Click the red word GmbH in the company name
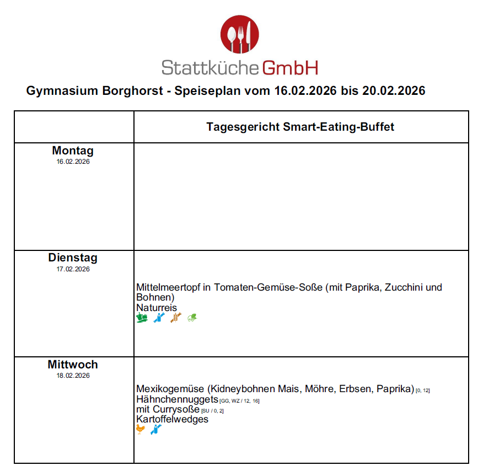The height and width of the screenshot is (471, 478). click(x=290, y=67)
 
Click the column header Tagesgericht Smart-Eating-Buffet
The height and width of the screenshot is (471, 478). click(x=300, y=127)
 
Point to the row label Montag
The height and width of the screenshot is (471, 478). click(x=73, y=151)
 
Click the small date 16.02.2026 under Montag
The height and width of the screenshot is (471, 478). click(x=73, y=162)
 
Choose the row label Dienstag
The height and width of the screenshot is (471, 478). click(x=73, y=258)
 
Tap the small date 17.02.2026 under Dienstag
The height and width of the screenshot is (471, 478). click(x=73, y=269)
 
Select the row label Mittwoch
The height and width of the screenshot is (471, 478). click(x=73, y=365)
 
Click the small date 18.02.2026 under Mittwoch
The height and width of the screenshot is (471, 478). click(x=73, y=376)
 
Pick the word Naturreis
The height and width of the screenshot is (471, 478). click(x=157, y=307)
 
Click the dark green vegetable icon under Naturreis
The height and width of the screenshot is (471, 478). click(x=142, y=318)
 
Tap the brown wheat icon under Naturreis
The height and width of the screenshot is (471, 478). click(x=176, y=318)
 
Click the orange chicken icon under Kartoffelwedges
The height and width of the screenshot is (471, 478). click(x=141, y=429)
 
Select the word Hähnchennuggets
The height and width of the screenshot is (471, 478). click(x=177, y=399)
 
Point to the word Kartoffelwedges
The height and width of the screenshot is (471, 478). click(x=172, y=419)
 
